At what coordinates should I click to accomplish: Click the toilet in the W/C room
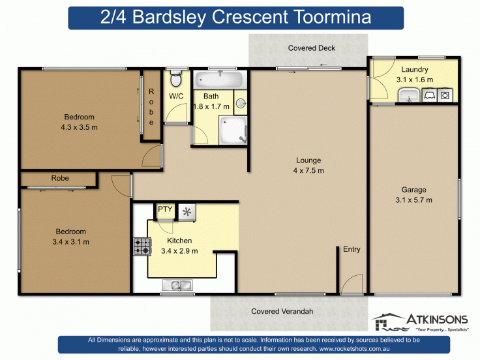pyautogui.click(x=174, y=80)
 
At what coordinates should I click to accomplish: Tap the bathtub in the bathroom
pyautogui.click(x=219, y=81)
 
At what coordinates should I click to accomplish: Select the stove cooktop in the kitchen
pyautogui.click(x=141, y=247)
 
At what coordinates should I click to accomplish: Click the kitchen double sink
pyautogui.click(x=176, y=284)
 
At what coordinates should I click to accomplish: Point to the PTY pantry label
pyautogui.click(x=165, y=209)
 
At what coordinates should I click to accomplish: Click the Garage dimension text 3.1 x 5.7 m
pyautogui.click(x=413, y=200)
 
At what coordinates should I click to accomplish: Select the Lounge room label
pyautogui.click(x=308, y=160)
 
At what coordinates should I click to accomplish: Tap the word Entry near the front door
pyautogui.click(x=351, y=249)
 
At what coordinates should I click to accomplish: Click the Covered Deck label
pyautogui.click(x=312, y=48)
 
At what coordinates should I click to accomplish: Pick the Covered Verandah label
pyautogui.click(x=282, y=312)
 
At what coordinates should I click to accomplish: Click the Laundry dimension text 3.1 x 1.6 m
pyautogui.click(x=414, y=80)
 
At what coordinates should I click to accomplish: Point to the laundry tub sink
pyautogui.click(x=409, y=97)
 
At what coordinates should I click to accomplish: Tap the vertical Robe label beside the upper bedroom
pyautogui.click(x=151, y=107)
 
